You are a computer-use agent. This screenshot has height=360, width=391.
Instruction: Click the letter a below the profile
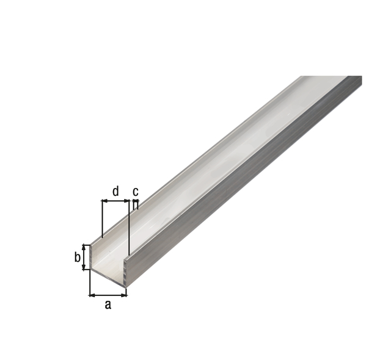108,304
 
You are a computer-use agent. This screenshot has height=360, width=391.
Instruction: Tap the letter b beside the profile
78,257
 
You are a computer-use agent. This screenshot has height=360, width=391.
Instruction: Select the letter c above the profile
136,192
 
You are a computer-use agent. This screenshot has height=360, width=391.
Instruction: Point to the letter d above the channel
115,191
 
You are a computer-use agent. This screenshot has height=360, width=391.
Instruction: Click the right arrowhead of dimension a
124,295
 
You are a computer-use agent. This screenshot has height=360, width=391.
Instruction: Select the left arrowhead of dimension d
104,201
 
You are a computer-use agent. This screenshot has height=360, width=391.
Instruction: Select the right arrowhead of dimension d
126,201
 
